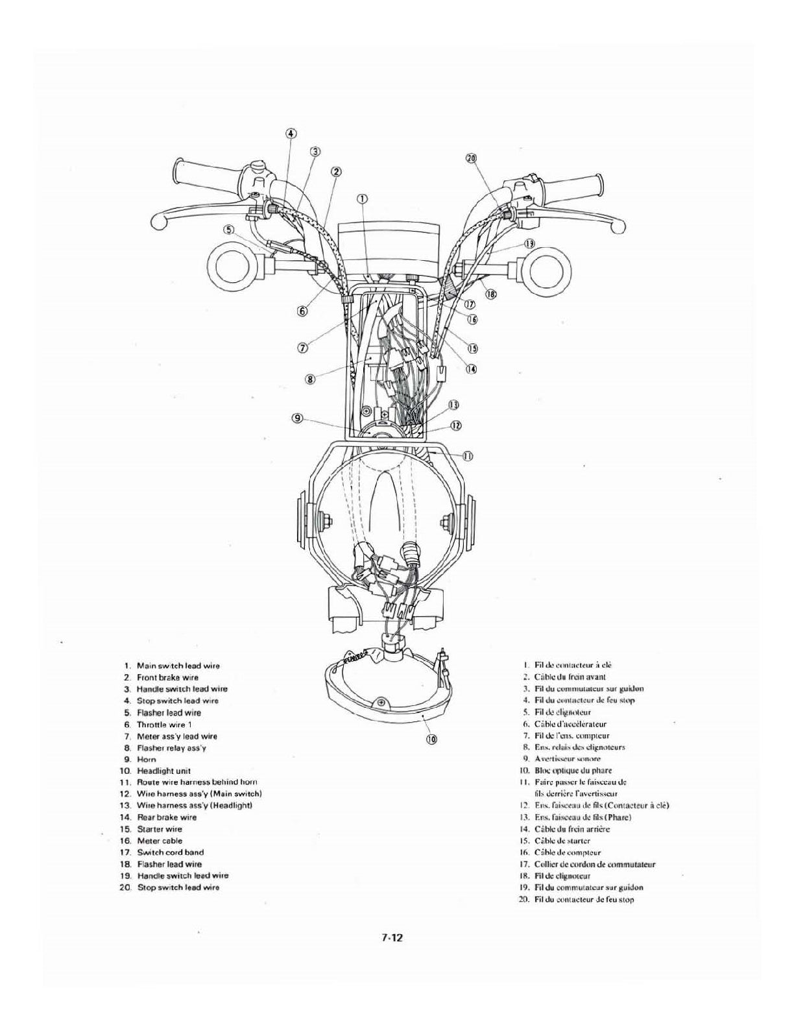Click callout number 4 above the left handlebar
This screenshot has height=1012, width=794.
(x=291, y=134)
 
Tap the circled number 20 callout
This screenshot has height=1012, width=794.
(x=472, y=158)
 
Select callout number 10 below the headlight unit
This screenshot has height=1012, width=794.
(x=431, y=738)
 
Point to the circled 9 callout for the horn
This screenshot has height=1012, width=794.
(x=298, y=419)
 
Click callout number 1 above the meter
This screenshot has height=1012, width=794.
(x=363, y=198)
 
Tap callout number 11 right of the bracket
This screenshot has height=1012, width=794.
(x=467, y=455)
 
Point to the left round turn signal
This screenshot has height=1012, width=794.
(x=230, y=266)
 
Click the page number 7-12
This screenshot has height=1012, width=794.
(x=392, y=937)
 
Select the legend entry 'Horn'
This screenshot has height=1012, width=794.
(x=146, y=759)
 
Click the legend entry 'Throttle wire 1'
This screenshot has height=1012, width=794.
(x=164, y=724)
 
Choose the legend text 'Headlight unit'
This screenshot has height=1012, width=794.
(x=163, y=771)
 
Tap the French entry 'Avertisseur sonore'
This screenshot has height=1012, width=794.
(x=568, y=758)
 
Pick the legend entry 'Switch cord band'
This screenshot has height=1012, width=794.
(x=170, y=852)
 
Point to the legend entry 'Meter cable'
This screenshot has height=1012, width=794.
(x=160, y=841)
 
